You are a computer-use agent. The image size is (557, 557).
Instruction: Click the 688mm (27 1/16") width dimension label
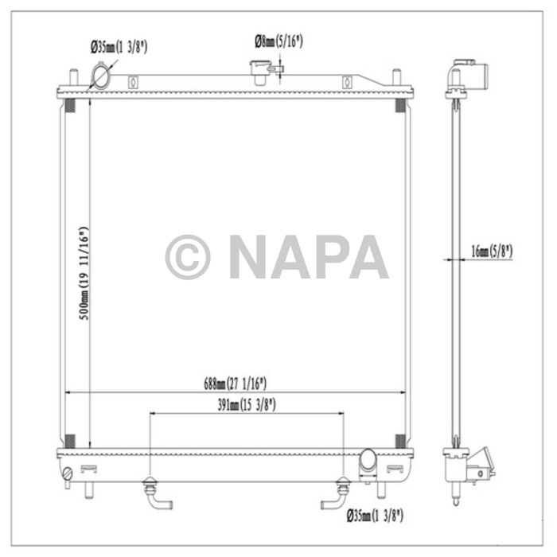(x=236, y=384)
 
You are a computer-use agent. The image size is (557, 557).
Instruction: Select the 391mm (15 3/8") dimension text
(x=247, y=404)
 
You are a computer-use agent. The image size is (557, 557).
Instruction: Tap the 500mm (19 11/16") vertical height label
(x=84, y=273)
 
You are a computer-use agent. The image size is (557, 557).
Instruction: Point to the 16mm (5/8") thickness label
(x=492, y=251)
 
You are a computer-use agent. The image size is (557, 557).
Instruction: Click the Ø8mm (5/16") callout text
(x=278, y=41)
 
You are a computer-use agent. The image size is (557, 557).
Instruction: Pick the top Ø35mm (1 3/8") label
(x=119, y=47)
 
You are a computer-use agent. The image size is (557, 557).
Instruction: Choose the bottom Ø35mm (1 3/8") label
(x=375, y=516)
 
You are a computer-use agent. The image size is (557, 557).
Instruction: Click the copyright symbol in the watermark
(x=188, y=257)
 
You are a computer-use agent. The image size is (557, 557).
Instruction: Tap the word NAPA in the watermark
(x=309, y=256)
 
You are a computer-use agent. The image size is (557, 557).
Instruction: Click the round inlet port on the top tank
(x=100, y=76)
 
